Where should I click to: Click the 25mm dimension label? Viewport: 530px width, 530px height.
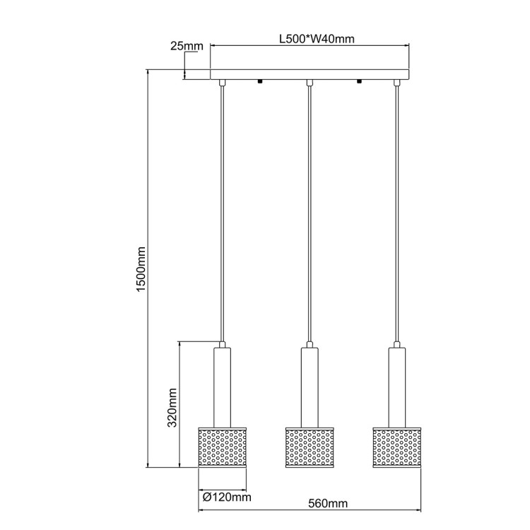[187, 47]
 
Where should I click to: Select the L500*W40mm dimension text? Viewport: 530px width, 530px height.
[312, 40]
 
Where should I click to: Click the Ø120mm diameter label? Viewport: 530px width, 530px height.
[226, 497]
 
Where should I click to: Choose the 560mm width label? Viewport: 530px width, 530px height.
[329, 504]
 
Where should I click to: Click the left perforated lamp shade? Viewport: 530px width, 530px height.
[222, 447]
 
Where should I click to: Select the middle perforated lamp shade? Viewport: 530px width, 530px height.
[310, 447]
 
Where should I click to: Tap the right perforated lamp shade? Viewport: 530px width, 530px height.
[396, 447]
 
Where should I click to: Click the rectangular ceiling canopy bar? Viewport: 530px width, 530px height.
[310, 74]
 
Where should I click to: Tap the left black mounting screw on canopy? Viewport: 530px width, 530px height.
[260, 81]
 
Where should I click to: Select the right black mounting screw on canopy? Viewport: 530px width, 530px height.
[359, 81]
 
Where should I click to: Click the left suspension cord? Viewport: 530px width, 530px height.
[222, 212]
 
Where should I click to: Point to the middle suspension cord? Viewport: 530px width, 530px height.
[310, 212]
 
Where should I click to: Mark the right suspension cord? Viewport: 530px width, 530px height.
[396, 212]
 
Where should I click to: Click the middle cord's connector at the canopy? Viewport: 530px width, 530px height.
[310, 83]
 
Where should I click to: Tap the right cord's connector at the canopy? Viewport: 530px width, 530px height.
[396, 83]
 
